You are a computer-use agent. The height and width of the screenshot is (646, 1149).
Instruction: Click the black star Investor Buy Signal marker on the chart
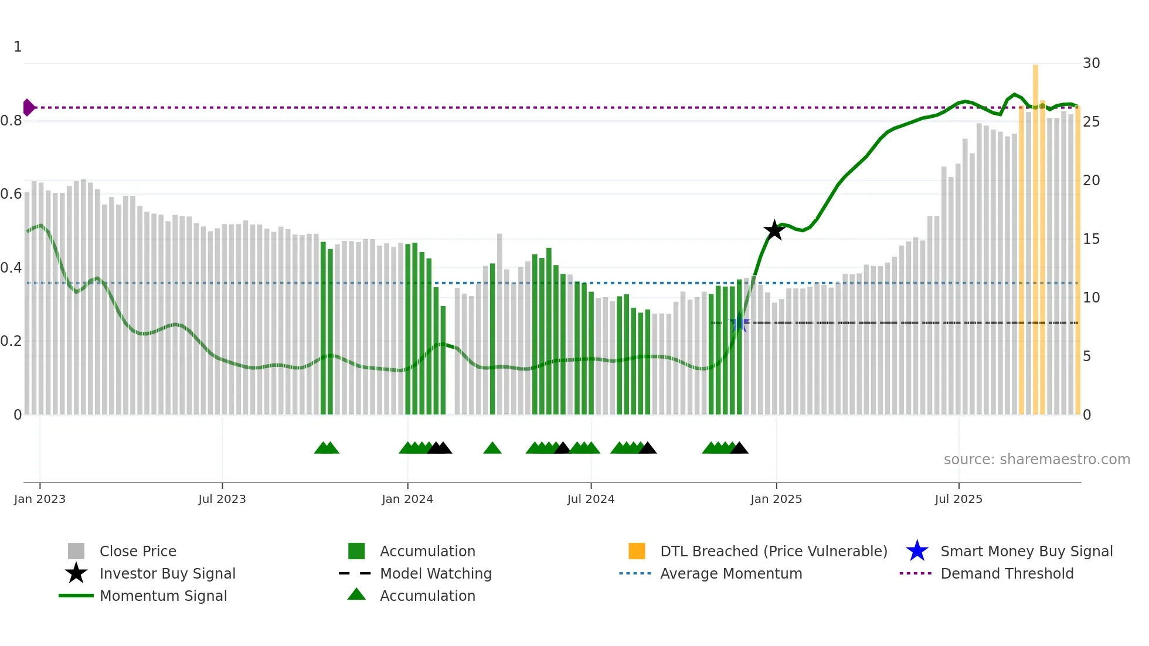pos(774,230)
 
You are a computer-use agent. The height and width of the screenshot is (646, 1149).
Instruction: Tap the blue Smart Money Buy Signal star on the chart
pos(739,323)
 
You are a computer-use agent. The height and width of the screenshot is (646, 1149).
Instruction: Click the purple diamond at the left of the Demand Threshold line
pos(28,107)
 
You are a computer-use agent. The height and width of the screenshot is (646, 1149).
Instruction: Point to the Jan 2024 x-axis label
pos(407,499)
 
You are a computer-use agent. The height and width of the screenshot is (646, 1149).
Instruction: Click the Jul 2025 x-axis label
pos(958,499)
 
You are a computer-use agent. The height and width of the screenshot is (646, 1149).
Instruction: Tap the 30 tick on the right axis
pos(1091,63)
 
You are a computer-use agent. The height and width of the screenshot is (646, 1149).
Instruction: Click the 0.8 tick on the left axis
pos(12,121)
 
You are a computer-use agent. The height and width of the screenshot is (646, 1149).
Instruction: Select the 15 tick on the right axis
pos(1091,239)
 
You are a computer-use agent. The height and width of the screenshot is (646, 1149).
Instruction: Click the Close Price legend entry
pos(138,551)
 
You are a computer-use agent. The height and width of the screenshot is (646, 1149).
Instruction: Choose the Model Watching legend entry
pos(436,573)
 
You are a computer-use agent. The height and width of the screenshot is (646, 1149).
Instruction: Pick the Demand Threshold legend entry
pos(1007,573)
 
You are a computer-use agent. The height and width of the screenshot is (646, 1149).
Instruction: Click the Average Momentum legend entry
pos(731,573)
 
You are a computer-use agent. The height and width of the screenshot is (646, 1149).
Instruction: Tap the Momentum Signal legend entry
pos(163,596)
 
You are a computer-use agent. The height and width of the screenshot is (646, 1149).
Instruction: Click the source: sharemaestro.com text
pos(1036,459)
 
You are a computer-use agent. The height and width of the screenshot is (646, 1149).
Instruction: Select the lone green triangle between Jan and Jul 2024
pos(492,448)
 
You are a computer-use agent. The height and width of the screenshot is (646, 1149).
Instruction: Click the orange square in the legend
pos(637,551)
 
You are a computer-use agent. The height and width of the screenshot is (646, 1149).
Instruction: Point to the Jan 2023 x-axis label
pos(40,499)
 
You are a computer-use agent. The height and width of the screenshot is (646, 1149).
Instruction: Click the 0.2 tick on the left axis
pos(12,341)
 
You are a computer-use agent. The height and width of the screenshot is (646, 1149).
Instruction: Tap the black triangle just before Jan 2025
pos(739,448)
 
